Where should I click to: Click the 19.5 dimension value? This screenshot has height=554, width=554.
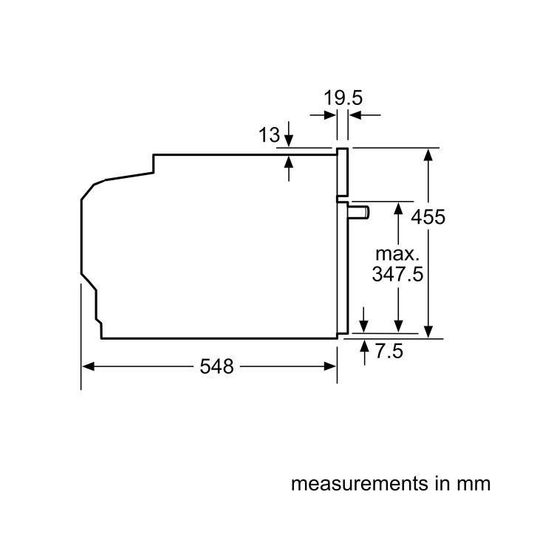coord(343,98)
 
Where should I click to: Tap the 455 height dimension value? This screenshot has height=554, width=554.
coord(428,217)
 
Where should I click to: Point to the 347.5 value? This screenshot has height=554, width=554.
coord(397,275)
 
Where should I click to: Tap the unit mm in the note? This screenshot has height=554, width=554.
coord(473,485)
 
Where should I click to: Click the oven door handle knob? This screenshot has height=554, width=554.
coord(360,213)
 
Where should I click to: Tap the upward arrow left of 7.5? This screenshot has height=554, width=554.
coord(363,348)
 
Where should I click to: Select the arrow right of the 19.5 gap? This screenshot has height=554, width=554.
coord(356,115)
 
